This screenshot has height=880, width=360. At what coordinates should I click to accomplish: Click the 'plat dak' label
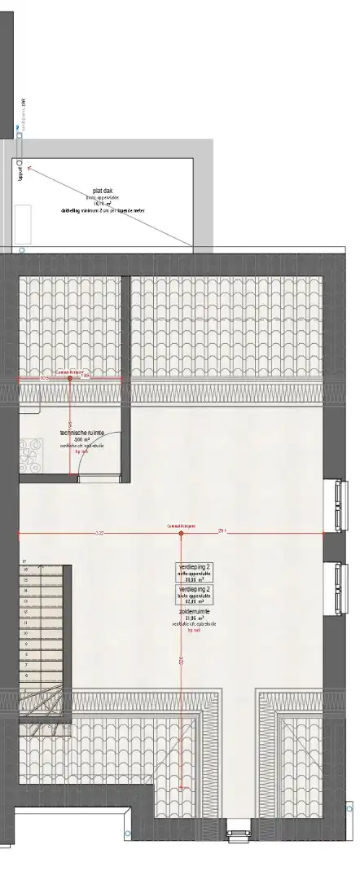point(102,191)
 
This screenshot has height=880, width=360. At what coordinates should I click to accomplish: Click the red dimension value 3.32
point(99,534)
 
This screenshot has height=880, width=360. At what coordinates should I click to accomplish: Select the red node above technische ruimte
point(70,378)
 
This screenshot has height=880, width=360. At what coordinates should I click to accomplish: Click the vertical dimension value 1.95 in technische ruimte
point(71,424)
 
